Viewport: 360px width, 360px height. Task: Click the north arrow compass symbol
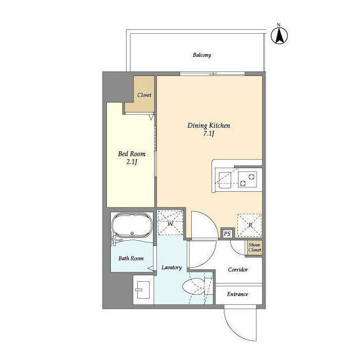tap(279, 35)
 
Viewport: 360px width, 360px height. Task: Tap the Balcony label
tap(202, 55)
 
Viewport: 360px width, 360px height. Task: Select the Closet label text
tap(145, 95)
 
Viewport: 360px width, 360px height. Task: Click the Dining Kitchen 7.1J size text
tap(209, 134)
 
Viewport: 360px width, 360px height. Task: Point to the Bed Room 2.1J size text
tap(132, 162)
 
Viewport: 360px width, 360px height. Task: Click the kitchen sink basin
tap(225, 180)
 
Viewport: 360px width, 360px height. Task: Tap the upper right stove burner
tap(252, 177)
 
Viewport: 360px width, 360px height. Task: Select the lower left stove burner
tap(243, 183)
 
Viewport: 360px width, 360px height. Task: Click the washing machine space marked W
tap(170, 223)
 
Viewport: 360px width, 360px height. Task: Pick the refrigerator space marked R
tap(250, 225)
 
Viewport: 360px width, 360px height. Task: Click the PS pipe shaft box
tap(227, 234)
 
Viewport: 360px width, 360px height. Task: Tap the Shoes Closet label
tap(255, 247)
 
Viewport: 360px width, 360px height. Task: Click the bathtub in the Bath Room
tap(132, 225)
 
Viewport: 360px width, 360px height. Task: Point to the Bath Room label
tap(131, 259)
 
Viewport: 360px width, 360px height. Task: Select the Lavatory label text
tap(172, 268)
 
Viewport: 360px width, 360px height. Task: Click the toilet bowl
tap(193, 286)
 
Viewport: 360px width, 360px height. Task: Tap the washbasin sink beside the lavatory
tap(143, 290)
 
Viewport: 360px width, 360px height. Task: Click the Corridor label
tap(238, 269)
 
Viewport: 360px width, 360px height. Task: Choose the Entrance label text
tap(237, 294)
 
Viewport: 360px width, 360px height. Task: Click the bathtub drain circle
tap(132, 233)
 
